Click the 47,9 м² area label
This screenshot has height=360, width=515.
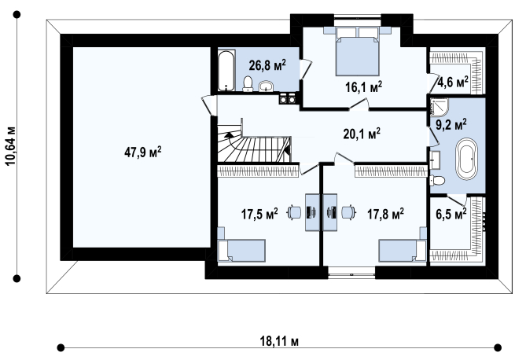click(143, 152)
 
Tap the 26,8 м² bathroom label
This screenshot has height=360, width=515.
click(267, 65)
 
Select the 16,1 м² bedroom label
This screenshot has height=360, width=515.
click(363, 87)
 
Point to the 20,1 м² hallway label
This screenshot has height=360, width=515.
click(362, 134)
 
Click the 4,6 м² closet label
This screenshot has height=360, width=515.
click(453, 82)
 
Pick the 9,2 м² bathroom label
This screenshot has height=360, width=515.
click(451, 124)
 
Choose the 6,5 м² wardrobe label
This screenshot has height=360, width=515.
click(451, 214)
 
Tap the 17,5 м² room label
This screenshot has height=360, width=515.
click(259, 214)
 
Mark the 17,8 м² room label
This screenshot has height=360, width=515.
click(385, 214)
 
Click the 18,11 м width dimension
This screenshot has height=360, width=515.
click(279, 341)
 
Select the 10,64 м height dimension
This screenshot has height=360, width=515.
click(10, 145)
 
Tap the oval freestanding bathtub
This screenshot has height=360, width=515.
click(466, 159)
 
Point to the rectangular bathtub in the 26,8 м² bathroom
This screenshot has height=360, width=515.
click(226, 70)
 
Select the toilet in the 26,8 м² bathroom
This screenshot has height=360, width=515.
click(248, 84)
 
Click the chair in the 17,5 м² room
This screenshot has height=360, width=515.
click(294, 212)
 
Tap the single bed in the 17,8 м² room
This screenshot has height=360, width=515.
click(403, 250)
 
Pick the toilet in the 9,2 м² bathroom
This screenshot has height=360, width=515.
click(437, 180)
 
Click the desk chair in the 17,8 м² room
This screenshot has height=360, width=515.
click(348, 212)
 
